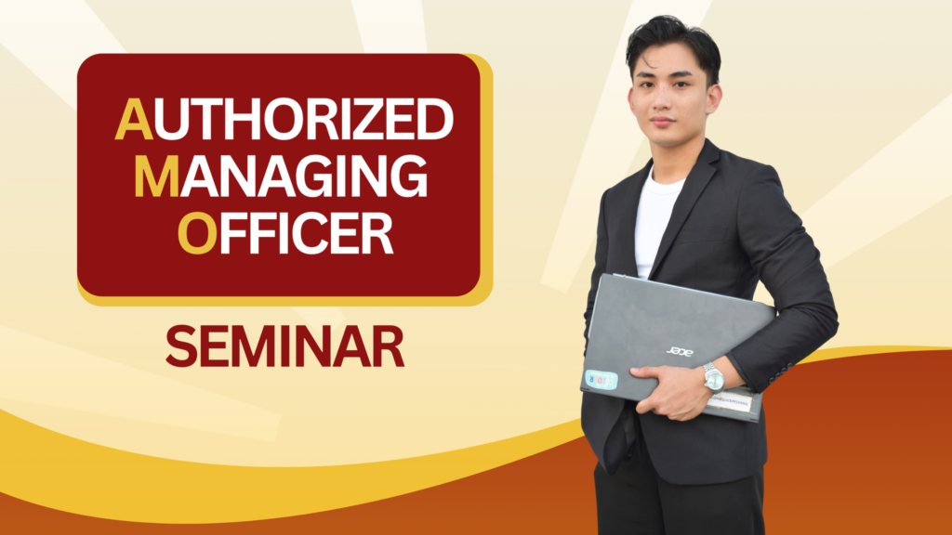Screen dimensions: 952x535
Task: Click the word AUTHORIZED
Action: (x=284, y=119)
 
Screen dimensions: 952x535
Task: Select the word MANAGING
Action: (x=281, y=176)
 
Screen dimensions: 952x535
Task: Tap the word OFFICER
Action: (x=285, y=233)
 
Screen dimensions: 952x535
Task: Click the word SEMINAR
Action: (x=284, y=346)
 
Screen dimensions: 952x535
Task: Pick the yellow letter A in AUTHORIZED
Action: (x=134, y=119)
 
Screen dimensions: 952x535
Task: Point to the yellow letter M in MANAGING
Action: (x=156, y=176)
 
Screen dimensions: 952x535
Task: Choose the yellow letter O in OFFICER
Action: (x=197, y=233)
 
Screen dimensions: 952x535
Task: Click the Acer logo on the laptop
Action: (x=680, y=351)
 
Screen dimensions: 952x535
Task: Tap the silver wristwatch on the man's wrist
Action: (x=714, y=378)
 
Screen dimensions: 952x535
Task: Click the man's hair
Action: (x=674, y=43)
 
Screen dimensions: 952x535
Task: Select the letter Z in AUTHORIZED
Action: (x=366, y=120)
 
